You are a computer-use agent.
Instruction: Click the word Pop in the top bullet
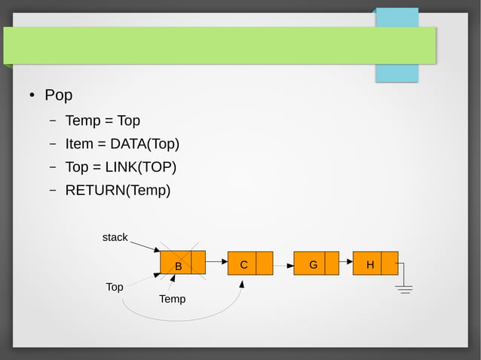click(x=58, y=96)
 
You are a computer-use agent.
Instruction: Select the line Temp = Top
click(x=103, y=121)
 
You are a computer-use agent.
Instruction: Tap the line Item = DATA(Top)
click(x=122, y=144)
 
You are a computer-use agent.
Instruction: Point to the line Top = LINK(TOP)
click(x=121, y=167)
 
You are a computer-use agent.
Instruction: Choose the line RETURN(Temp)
click(x=118, y=191)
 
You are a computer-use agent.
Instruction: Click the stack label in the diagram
click(x=115, y=237)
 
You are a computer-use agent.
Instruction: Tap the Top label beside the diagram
click(x=115, y=287)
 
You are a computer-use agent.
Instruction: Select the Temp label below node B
click(x=172, y=299)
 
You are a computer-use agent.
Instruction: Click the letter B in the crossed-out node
click(x=179, y=266)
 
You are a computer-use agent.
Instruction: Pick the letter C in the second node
click(x=244, y=265)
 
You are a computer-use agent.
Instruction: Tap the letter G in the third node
click(x=313, y=265)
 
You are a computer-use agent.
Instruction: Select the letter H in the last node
click(x=369, y=265)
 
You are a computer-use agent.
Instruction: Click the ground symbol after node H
click(x=404, y=288)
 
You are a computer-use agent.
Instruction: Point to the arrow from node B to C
click(x=216, y=262)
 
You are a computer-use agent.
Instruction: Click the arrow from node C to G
click(x=283, y=266)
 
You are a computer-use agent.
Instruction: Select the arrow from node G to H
click(x=346, y=262)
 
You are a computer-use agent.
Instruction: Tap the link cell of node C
click(x=264, y=264)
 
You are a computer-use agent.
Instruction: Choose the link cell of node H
click(x=389, y=264)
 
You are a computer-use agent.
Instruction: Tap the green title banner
click(x=219, y=45)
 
